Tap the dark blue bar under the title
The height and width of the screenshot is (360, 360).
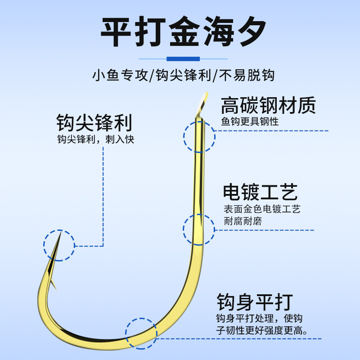183,59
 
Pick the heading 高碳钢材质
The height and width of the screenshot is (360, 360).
268,105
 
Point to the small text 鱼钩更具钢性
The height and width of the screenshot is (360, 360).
250,121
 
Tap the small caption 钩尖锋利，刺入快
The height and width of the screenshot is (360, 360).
95,139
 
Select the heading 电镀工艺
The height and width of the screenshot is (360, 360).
261,192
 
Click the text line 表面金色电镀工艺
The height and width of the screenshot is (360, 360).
262,209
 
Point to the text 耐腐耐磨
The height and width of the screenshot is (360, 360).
243,221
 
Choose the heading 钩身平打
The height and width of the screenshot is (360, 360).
255,301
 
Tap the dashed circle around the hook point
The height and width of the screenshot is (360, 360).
59,245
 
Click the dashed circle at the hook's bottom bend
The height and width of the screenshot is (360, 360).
141,333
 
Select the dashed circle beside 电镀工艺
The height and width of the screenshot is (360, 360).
199,229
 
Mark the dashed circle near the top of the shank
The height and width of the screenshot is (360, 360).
199,136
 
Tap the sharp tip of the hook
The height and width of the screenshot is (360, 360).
59,237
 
